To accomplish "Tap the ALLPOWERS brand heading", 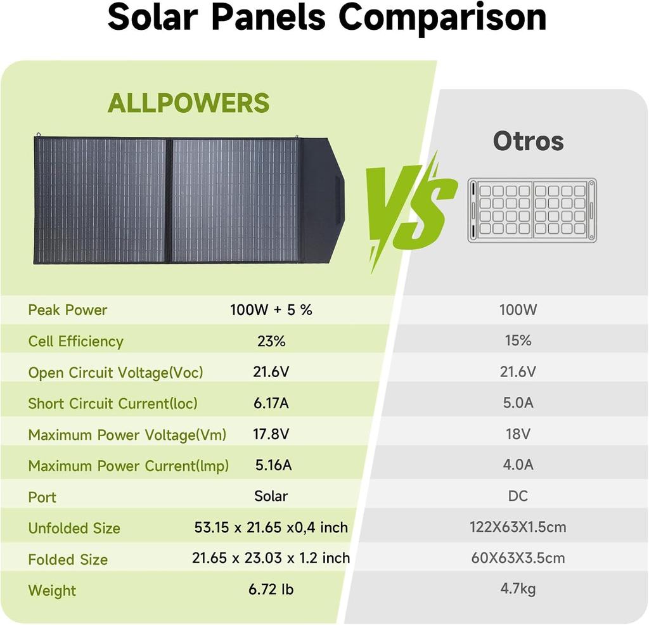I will [x=188, y=103].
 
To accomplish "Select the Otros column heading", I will [x=528, y=141].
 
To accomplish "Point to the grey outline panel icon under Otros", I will [x=532, y=210].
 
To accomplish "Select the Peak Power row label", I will [x=68, y=310].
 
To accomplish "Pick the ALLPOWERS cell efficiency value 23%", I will [x=271, y=341].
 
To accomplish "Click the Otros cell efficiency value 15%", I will [x=518, y=340].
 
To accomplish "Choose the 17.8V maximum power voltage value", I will [x=271, y=434].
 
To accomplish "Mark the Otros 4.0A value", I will [x=518, y=465].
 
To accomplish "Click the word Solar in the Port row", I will [x=271, y=496].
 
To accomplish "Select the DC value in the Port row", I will [x=518, y=496].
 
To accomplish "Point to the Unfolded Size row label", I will [x=74, y=528].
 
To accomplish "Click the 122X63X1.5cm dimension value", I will [x=518, y=527].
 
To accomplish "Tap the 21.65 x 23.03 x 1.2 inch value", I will [x=271, y=558].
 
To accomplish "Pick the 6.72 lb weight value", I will [x=271, y=590].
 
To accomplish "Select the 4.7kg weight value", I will [x=518, y=588].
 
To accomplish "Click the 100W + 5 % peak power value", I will [x=271, y=310].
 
